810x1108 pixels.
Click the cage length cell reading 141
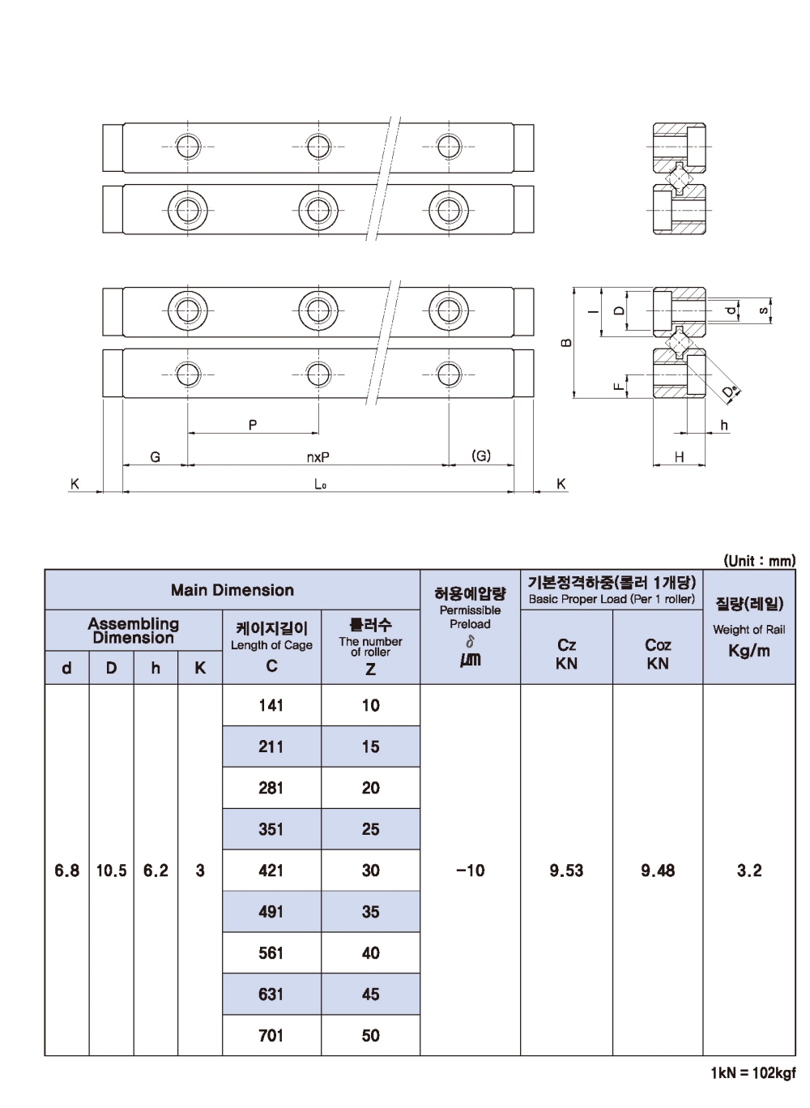point(271,705)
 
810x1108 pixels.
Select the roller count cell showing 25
point(370,829)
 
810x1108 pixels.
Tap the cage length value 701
point(271,1035)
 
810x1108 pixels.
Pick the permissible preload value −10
point(470,870)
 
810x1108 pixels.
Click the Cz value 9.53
point(566,870)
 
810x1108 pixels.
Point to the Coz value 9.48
point(658,870)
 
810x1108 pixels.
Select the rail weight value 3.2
point(749,870)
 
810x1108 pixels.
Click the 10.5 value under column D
point(111,870)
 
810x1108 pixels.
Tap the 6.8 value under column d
point(66,870)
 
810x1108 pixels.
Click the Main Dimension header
point(232,589)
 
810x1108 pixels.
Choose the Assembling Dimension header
point(134,630)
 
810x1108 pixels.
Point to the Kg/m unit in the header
point(749,651)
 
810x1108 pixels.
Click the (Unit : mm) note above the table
point(760,560)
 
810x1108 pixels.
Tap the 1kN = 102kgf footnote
point(753,1086)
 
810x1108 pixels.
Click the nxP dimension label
point(318,457)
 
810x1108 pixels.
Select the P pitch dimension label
point(253,425)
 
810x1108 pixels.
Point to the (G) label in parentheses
point(481,456)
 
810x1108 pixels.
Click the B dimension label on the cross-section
point(567,342)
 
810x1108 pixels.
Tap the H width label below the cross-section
point(679,457)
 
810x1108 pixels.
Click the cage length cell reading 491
point(271,912)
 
